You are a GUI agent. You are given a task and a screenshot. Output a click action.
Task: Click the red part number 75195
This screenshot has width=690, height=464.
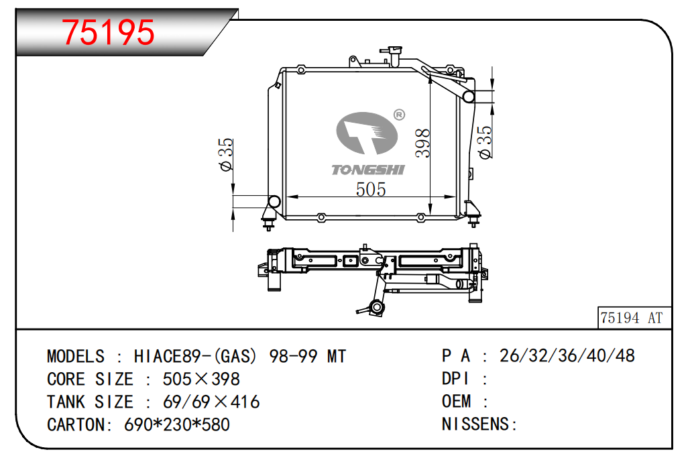coord(108,32)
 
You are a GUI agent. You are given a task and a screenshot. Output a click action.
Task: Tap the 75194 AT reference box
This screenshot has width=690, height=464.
coord(634,318)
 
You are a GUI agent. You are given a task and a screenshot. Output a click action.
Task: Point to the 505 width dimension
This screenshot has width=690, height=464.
coord(371,189)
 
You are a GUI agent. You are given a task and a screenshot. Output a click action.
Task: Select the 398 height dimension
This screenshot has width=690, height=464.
coord(423,143)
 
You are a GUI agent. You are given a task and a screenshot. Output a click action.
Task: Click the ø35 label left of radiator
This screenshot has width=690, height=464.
coord(226,154)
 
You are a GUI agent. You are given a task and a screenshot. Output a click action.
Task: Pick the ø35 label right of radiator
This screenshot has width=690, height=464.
coord(485,141)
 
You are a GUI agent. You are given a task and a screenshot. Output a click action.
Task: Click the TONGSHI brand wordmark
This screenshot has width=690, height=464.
coord(368,170)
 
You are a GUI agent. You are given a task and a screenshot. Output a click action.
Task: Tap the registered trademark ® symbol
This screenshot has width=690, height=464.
coord(399,115)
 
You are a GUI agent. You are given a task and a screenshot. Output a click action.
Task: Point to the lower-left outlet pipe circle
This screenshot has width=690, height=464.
coord(274,202)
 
